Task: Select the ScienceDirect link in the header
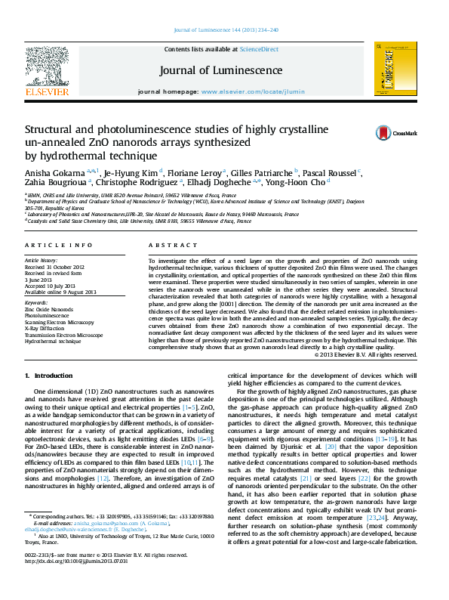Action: click(259, 49)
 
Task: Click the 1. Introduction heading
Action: click(49, 376)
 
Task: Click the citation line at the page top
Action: click(226, 29)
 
